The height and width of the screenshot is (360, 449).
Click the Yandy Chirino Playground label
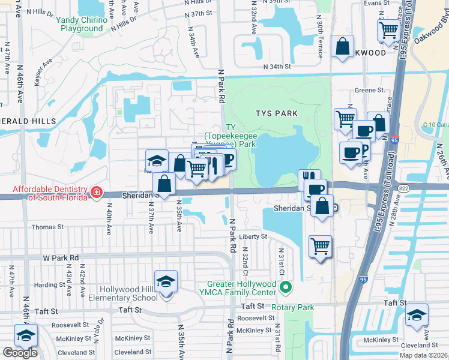pos(82,24)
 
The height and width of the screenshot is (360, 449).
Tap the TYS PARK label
pos(276,113)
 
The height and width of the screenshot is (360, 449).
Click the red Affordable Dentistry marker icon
pos(96,193)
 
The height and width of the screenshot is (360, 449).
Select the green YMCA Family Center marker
pos(286,288)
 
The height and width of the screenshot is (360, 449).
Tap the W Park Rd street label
pos(61,257)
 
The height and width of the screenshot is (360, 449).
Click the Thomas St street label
pos(47,227)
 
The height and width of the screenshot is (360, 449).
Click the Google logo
pos(20,352)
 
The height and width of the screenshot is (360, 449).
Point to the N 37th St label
pos(200,13)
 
